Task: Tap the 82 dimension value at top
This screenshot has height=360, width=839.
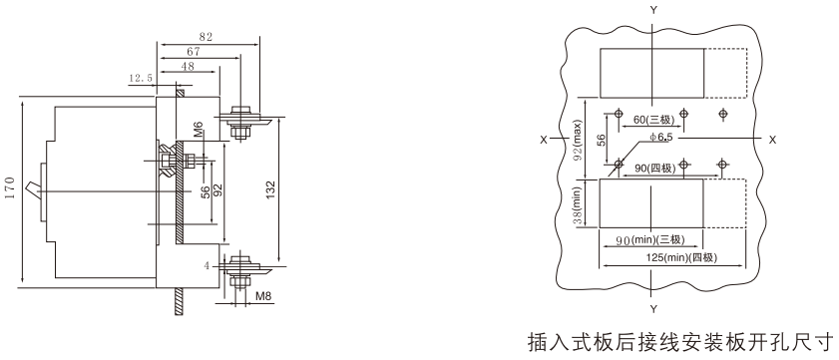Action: pos(206,37)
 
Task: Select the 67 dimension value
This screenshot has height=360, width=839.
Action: pos(194,51)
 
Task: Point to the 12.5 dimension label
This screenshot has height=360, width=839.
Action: pos(141,78)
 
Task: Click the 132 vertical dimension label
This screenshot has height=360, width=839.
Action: pos(270,190)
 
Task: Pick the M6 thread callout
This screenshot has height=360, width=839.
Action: pos(198,130)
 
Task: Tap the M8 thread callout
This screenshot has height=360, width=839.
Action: pos(261,296)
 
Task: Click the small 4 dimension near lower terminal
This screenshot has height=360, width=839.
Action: pos(206,265)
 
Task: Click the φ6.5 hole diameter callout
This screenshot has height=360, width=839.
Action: pos(660,138)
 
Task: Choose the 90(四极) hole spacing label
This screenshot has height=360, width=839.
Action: pos(654,169)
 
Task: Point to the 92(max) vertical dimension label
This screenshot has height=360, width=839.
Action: pos(578,142)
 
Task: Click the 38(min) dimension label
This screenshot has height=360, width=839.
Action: pos(578,206)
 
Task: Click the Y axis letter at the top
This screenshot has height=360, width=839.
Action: pos(652,10)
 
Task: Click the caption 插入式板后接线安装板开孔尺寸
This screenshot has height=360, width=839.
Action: pos(680,340)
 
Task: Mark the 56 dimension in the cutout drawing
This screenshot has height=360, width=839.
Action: pos(601,140)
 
